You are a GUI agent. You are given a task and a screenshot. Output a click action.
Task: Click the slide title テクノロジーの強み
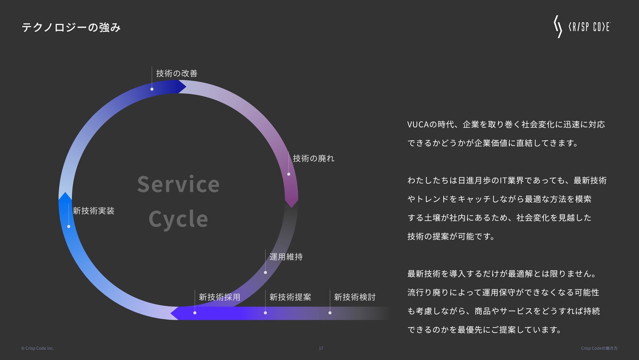(71, 27)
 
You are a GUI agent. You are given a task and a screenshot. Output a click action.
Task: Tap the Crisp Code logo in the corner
(582, 27)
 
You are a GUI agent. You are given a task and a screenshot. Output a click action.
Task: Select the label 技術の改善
(177, 73)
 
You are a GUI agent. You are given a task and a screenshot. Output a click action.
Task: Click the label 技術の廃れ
(314, 158)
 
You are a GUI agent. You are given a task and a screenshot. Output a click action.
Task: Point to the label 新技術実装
(94, 211)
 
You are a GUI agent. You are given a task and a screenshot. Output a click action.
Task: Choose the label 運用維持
(286, 257)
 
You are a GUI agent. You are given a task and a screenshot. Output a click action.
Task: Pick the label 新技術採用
(219, 297)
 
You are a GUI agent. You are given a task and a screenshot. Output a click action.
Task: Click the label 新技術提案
(290, 297)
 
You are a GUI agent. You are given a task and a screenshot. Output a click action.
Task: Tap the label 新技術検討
(355, 297)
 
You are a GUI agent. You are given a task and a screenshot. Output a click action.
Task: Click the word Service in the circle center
(178, 184)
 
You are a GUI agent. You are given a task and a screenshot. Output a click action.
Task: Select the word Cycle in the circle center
(178, 219)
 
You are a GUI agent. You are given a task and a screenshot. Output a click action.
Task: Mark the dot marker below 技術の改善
(152, 89)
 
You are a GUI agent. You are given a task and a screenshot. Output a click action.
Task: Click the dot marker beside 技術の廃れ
(289, 174)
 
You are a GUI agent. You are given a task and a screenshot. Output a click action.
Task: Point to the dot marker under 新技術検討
(330, 313)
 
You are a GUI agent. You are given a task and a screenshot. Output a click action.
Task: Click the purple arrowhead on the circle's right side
(291, 201)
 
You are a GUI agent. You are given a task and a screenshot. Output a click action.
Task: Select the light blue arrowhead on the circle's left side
(65, 197)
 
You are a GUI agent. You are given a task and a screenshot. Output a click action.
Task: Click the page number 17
(321, 348)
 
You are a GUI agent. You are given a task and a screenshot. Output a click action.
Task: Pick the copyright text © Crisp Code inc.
(38, 348)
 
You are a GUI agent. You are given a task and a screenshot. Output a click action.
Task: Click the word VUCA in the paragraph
(418, 125)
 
